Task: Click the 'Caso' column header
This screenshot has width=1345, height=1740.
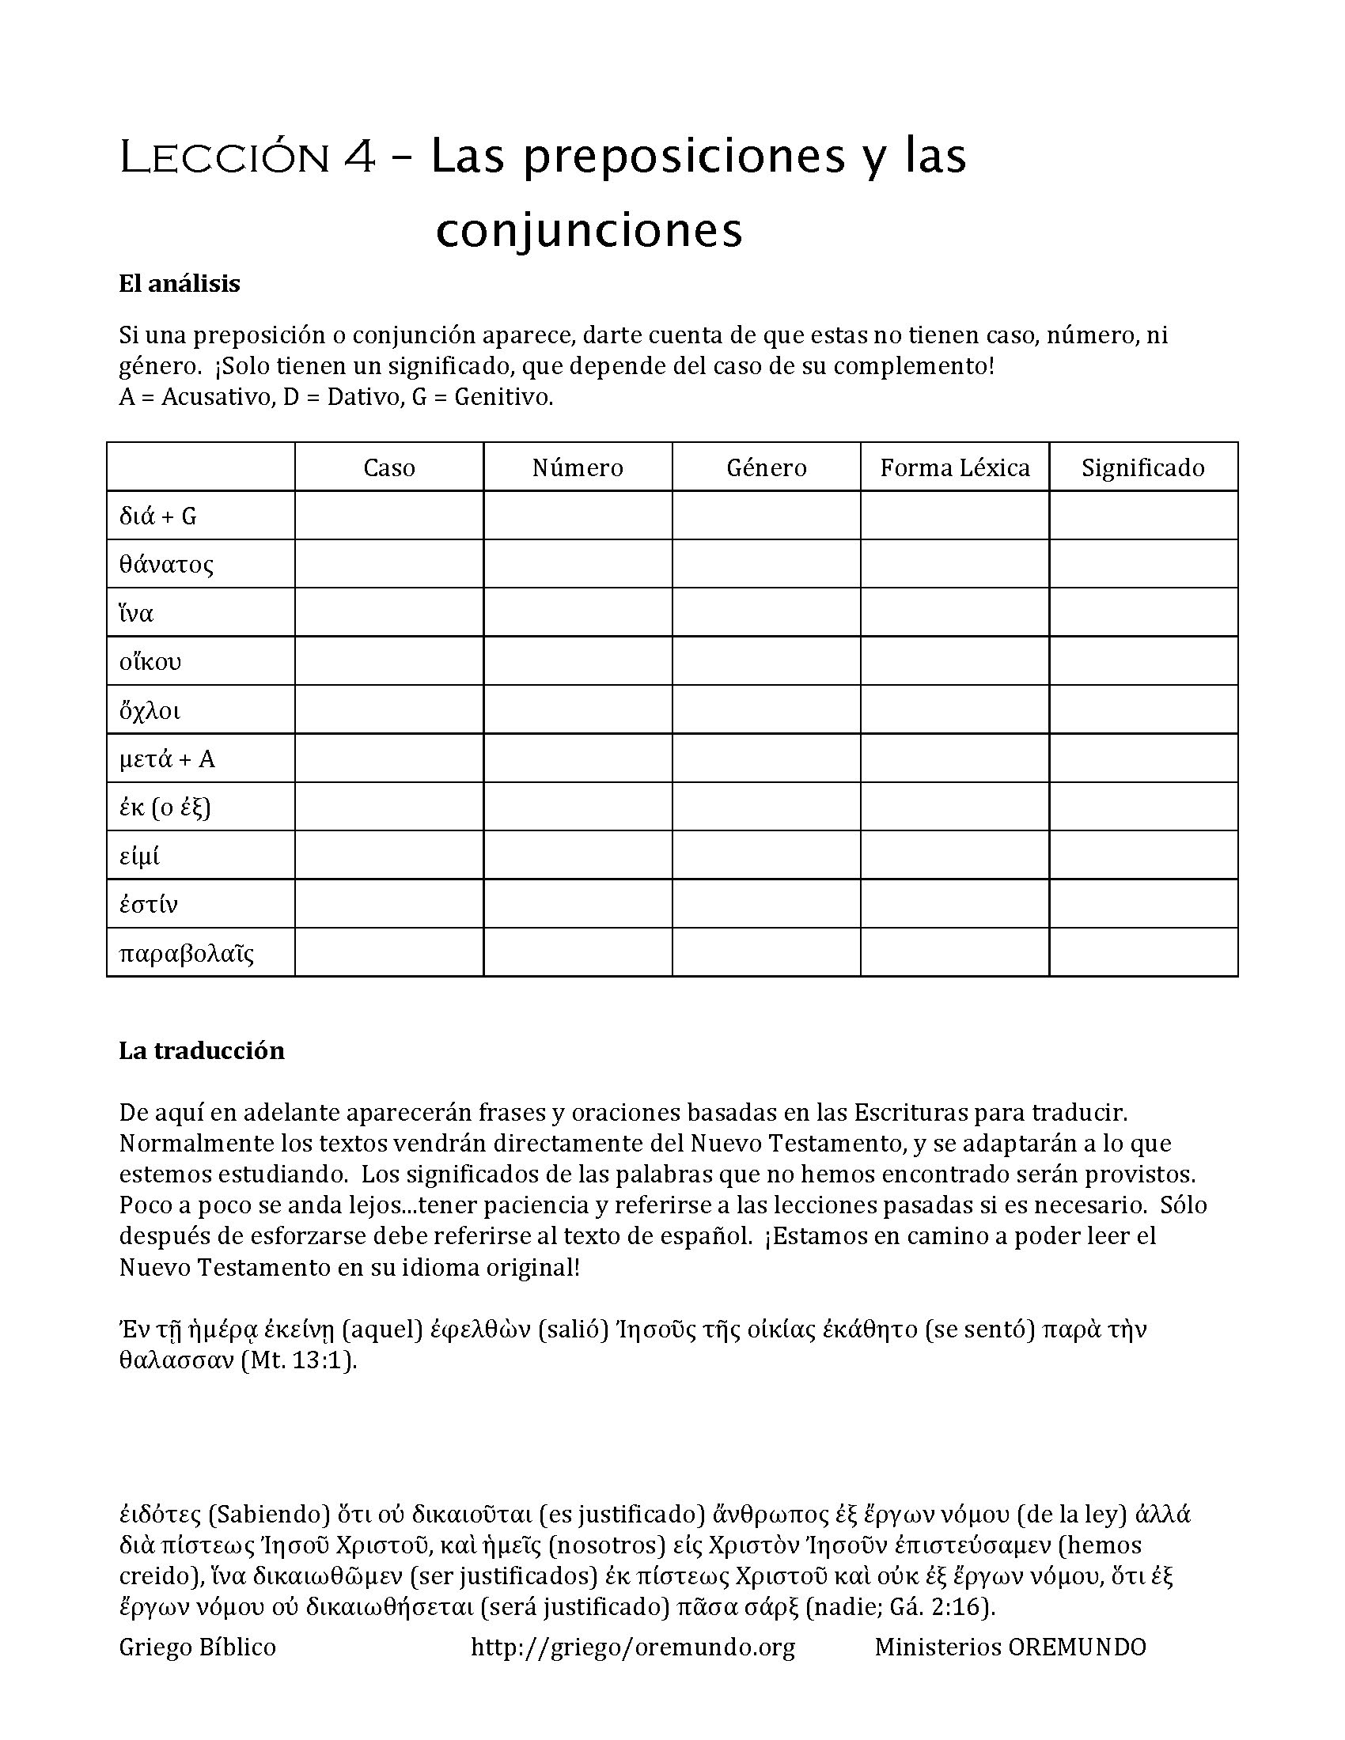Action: pos(388,467)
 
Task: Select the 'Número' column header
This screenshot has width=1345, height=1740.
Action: pos(578,467)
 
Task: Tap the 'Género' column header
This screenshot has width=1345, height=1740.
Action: pos(767,467)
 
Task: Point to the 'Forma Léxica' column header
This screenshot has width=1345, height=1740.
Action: pos(955,467)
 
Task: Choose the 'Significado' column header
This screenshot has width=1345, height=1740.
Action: pos(1142,467)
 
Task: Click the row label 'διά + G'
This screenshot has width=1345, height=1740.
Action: pos(157,516)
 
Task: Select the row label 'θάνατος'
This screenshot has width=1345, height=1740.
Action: pos(166,565)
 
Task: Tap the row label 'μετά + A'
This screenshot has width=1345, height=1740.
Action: pos(167,759)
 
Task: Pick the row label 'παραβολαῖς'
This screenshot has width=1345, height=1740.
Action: pos(187,953)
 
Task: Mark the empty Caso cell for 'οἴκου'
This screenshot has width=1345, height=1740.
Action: pos(388,661)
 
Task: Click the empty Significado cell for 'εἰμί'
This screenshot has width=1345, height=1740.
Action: pos(1142,856)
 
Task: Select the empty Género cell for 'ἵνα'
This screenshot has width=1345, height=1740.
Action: pos(767,613)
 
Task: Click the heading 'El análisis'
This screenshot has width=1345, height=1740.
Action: pos(180,284)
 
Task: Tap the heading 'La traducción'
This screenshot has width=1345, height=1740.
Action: pos(202,1050)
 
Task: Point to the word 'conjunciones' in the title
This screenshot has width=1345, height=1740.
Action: pos(589,231)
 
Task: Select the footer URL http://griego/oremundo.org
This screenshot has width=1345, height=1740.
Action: pos(633,1647)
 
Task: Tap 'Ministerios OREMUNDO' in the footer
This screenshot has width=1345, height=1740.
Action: pos(1010,1647)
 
